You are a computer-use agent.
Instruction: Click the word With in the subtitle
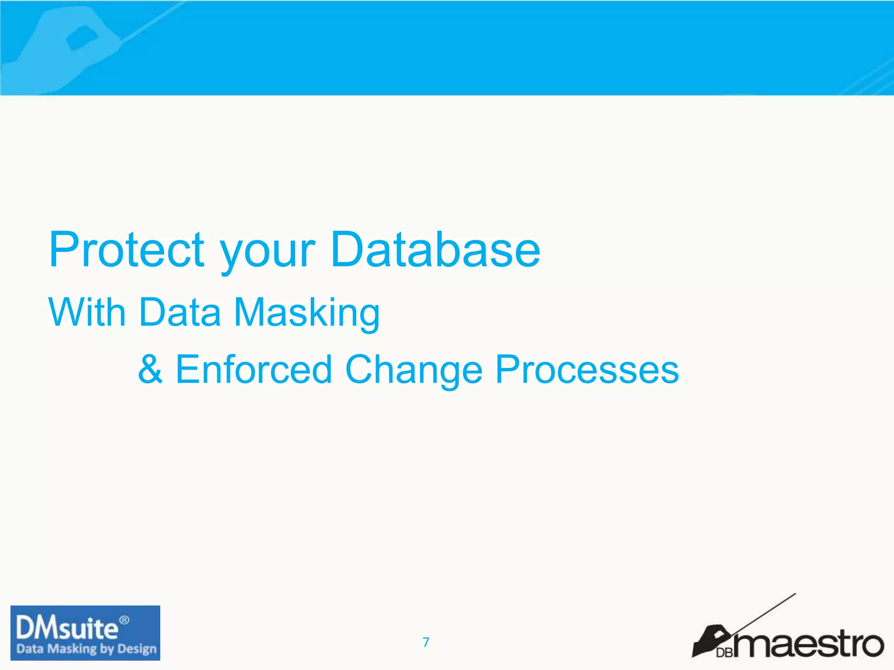pos(87,312)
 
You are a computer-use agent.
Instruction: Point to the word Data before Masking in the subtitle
pos(180,312)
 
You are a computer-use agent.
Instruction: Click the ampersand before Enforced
pos(151,370)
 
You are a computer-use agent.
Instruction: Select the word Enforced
pos(254,370)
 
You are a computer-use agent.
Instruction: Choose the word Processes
pos(587,370)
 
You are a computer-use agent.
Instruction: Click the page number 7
pos(426,642)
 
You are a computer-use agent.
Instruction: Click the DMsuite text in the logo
pos(67,629)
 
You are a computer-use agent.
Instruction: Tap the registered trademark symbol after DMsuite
pos(124,620)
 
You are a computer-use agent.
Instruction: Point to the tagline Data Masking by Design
pos(86,649)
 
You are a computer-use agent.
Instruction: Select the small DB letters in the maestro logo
pos(725,653)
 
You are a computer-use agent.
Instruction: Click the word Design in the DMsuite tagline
pos(137,649)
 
